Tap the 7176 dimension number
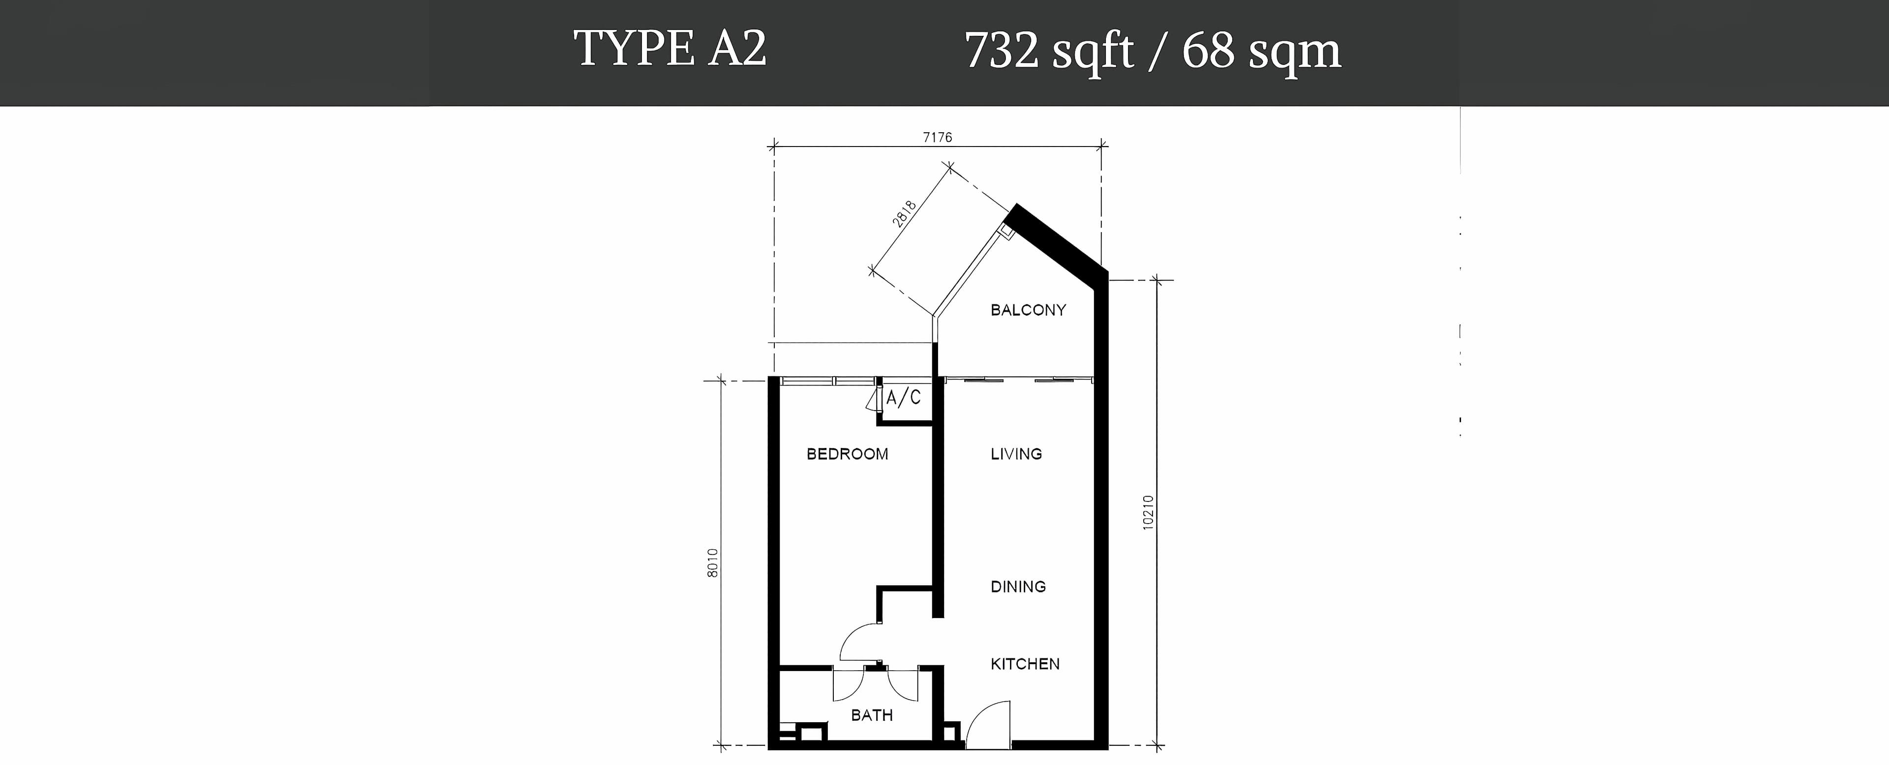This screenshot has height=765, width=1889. coord(937,137)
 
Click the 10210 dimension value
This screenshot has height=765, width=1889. coord(1148,513)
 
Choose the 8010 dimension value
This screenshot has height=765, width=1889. coord(713,563)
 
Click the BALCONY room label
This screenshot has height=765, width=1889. coord(1028,310)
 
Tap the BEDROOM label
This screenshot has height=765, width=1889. coord(847,454)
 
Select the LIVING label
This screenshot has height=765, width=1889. coord(1016,454)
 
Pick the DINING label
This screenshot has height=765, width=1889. coord(1018,586)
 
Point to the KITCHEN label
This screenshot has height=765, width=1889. coord(1025,664)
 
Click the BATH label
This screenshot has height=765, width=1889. coord(872,715)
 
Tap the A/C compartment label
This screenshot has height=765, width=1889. coord(904,398)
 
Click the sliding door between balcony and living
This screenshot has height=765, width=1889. coord(1019,379)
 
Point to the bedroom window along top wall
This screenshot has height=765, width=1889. coord(828,381)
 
